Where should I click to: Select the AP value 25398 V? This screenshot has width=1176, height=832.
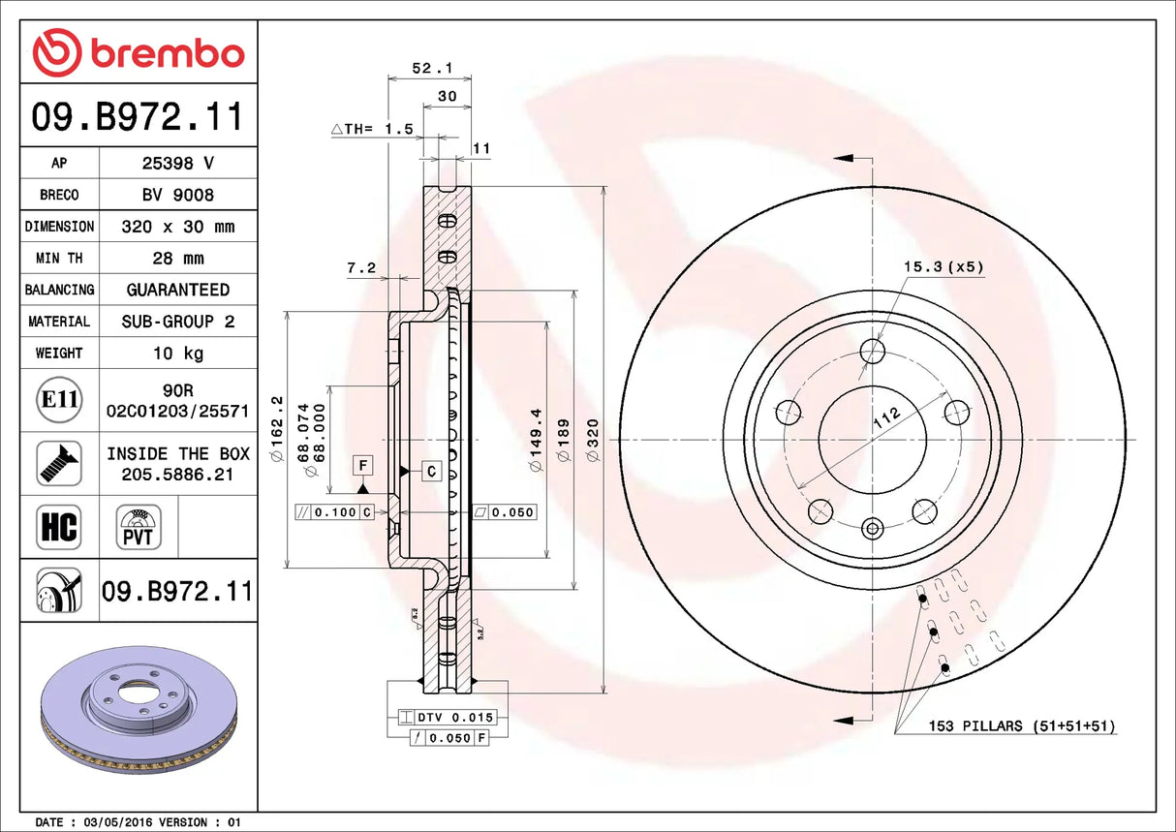pos(178,164)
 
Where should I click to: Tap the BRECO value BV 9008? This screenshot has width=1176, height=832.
pos(178,195)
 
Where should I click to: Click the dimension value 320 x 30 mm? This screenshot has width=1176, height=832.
pos(178,227)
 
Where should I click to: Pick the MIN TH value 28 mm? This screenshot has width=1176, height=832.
pos(178,259)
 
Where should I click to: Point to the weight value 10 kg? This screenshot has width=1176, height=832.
pos(178,354)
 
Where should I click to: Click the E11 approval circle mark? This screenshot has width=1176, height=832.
pos(59,400)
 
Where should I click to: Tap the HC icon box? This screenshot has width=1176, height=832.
pos(59,527)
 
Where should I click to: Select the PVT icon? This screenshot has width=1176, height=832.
pos(139,527)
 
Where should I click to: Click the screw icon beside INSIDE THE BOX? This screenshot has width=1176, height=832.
pos(59,463)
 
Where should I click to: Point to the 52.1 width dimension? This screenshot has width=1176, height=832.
pos(426,69)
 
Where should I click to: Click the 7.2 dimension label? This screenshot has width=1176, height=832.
pos(360,268)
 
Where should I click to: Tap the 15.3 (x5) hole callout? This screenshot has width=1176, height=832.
pos(944,266)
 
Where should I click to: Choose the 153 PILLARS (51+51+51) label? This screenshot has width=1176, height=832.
pos(1022,725)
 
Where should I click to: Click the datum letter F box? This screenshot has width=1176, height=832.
pos(363,466)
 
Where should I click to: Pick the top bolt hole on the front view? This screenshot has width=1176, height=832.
pos(873,350)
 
